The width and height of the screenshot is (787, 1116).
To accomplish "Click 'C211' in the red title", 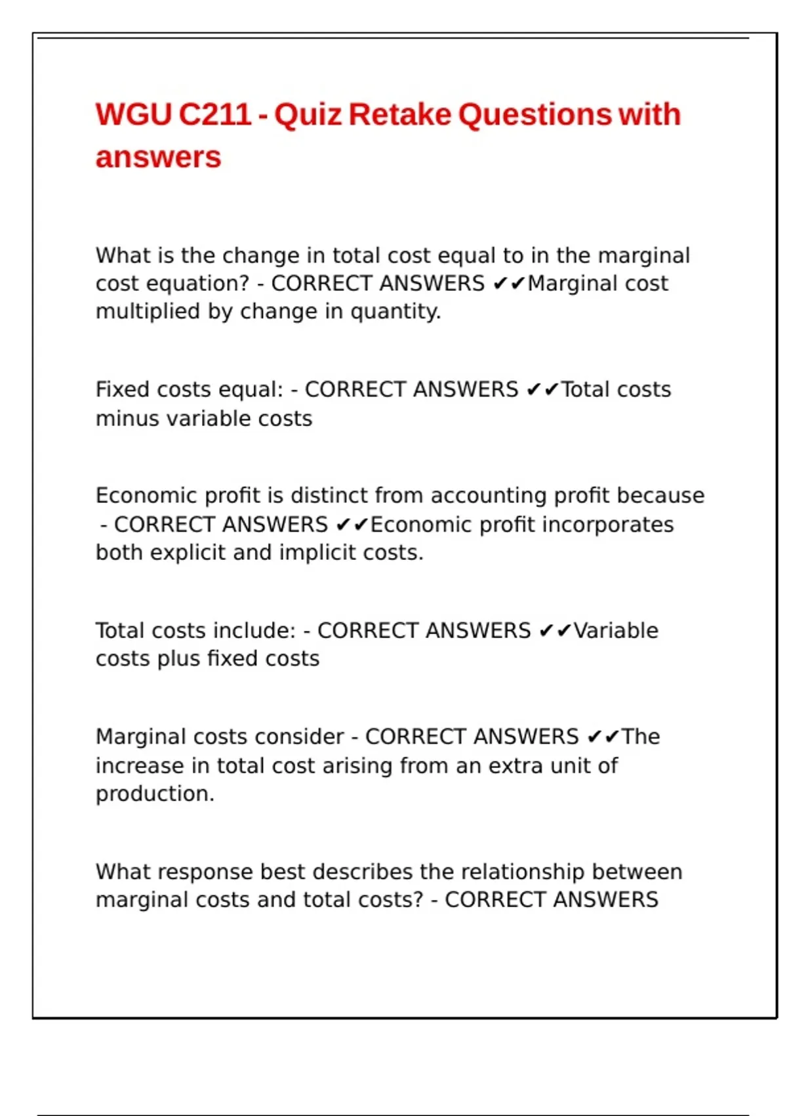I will coord(214,115).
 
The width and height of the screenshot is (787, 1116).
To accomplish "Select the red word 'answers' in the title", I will coord(158,158).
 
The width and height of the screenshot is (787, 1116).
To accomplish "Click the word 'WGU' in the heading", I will coord(133,115).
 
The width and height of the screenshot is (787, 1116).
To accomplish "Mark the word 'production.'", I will coord(155,794).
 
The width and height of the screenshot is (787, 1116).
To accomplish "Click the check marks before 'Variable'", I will coord(555,631).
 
